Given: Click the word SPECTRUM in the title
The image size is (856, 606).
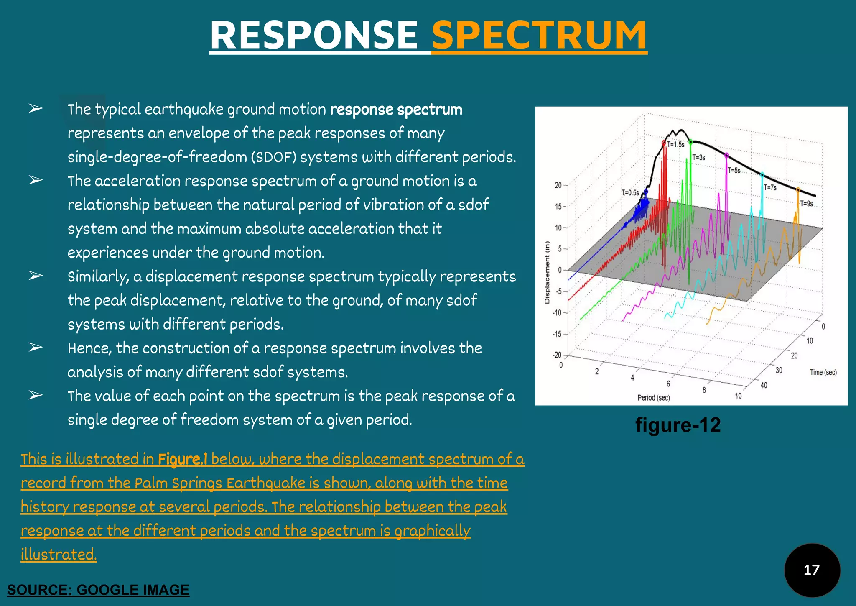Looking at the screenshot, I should point(539,35).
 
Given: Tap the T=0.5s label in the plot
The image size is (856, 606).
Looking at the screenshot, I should point(630,193).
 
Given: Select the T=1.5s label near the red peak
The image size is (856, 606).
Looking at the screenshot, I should point(675,145).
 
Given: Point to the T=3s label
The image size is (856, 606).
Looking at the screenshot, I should point(698,158).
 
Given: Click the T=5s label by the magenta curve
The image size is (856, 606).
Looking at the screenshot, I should point(734,171).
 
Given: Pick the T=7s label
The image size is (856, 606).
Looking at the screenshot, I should point(770,188).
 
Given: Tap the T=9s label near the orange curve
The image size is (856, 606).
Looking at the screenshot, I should point(806,204).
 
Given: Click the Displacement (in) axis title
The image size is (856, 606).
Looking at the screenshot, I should point(547,272).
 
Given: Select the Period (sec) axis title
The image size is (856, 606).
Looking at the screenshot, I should point(653,398).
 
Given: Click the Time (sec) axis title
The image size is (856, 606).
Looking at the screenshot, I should point(823,372).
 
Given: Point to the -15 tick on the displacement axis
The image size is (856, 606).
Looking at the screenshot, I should point(557,334).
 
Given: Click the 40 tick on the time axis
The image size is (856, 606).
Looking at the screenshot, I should point(764,385).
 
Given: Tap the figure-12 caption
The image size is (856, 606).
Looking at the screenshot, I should point(678,425).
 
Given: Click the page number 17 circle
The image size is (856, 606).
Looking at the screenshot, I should point(812,570).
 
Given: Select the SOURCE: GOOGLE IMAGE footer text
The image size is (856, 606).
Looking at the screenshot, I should point(98,590).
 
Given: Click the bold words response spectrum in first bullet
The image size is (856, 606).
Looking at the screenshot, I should point(396,110).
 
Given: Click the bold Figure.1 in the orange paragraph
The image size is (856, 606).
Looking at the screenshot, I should point(182,459).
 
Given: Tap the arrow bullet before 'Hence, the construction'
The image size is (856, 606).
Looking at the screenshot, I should point(36,347).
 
